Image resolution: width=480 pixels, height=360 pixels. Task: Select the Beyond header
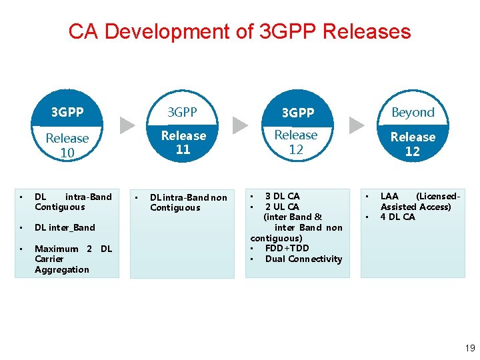click(413, 112)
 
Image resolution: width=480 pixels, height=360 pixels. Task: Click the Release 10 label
click(67, 145)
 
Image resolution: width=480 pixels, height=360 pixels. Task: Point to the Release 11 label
click(183, 143)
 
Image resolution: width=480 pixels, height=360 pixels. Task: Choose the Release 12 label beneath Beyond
click(413, 144)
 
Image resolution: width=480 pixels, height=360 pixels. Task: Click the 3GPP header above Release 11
click(183, 112)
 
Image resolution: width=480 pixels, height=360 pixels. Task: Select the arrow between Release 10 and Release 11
click(127, 125)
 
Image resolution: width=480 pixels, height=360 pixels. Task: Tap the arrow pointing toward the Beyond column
click(357, 125)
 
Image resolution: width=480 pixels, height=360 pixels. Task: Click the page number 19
click(469, 347)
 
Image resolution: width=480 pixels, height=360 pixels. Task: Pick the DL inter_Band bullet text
click(65, 227)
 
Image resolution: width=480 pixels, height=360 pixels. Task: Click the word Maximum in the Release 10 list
click(56, 249)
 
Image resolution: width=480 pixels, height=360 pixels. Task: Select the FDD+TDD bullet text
click(287, 248)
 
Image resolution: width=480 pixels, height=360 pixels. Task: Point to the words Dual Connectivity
click(303, 259)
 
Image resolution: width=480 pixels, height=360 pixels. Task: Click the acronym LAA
click(389, 196)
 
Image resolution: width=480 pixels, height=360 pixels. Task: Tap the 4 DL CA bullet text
click(397, 217)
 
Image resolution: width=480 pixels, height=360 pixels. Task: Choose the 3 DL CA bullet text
click(282, 196)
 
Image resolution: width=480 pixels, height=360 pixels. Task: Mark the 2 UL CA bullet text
click(282, 207)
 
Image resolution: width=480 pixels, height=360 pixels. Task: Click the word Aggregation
click(61, 269)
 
